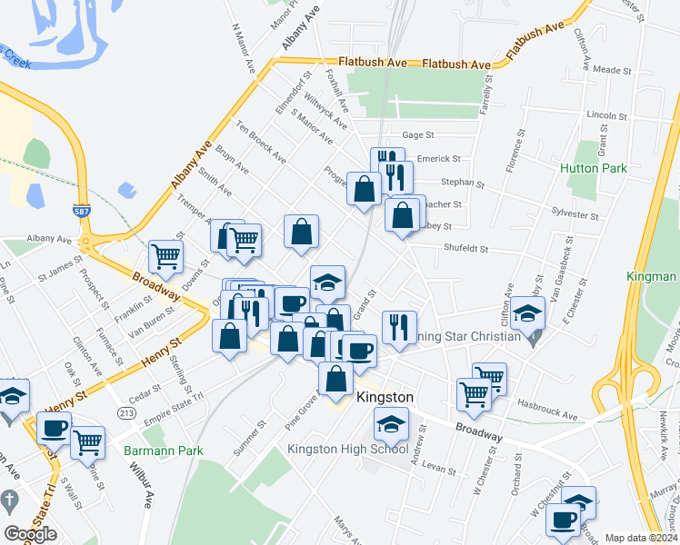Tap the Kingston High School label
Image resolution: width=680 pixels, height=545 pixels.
tap(347, 449)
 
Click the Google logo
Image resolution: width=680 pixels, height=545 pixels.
tap(30, 534)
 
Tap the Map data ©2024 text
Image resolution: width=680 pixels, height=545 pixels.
tap(641, 538)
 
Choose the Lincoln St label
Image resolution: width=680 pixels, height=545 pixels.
tap(608, 116)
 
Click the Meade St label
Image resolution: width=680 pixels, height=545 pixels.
tap(612, 70)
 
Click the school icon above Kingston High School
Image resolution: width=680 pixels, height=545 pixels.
tap(391, 423)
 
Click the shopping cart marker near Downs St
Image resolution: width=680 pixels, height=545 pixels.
tap(165, 256)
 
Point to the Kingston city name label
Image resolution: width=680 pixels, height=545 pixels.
tap(385, 398)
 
